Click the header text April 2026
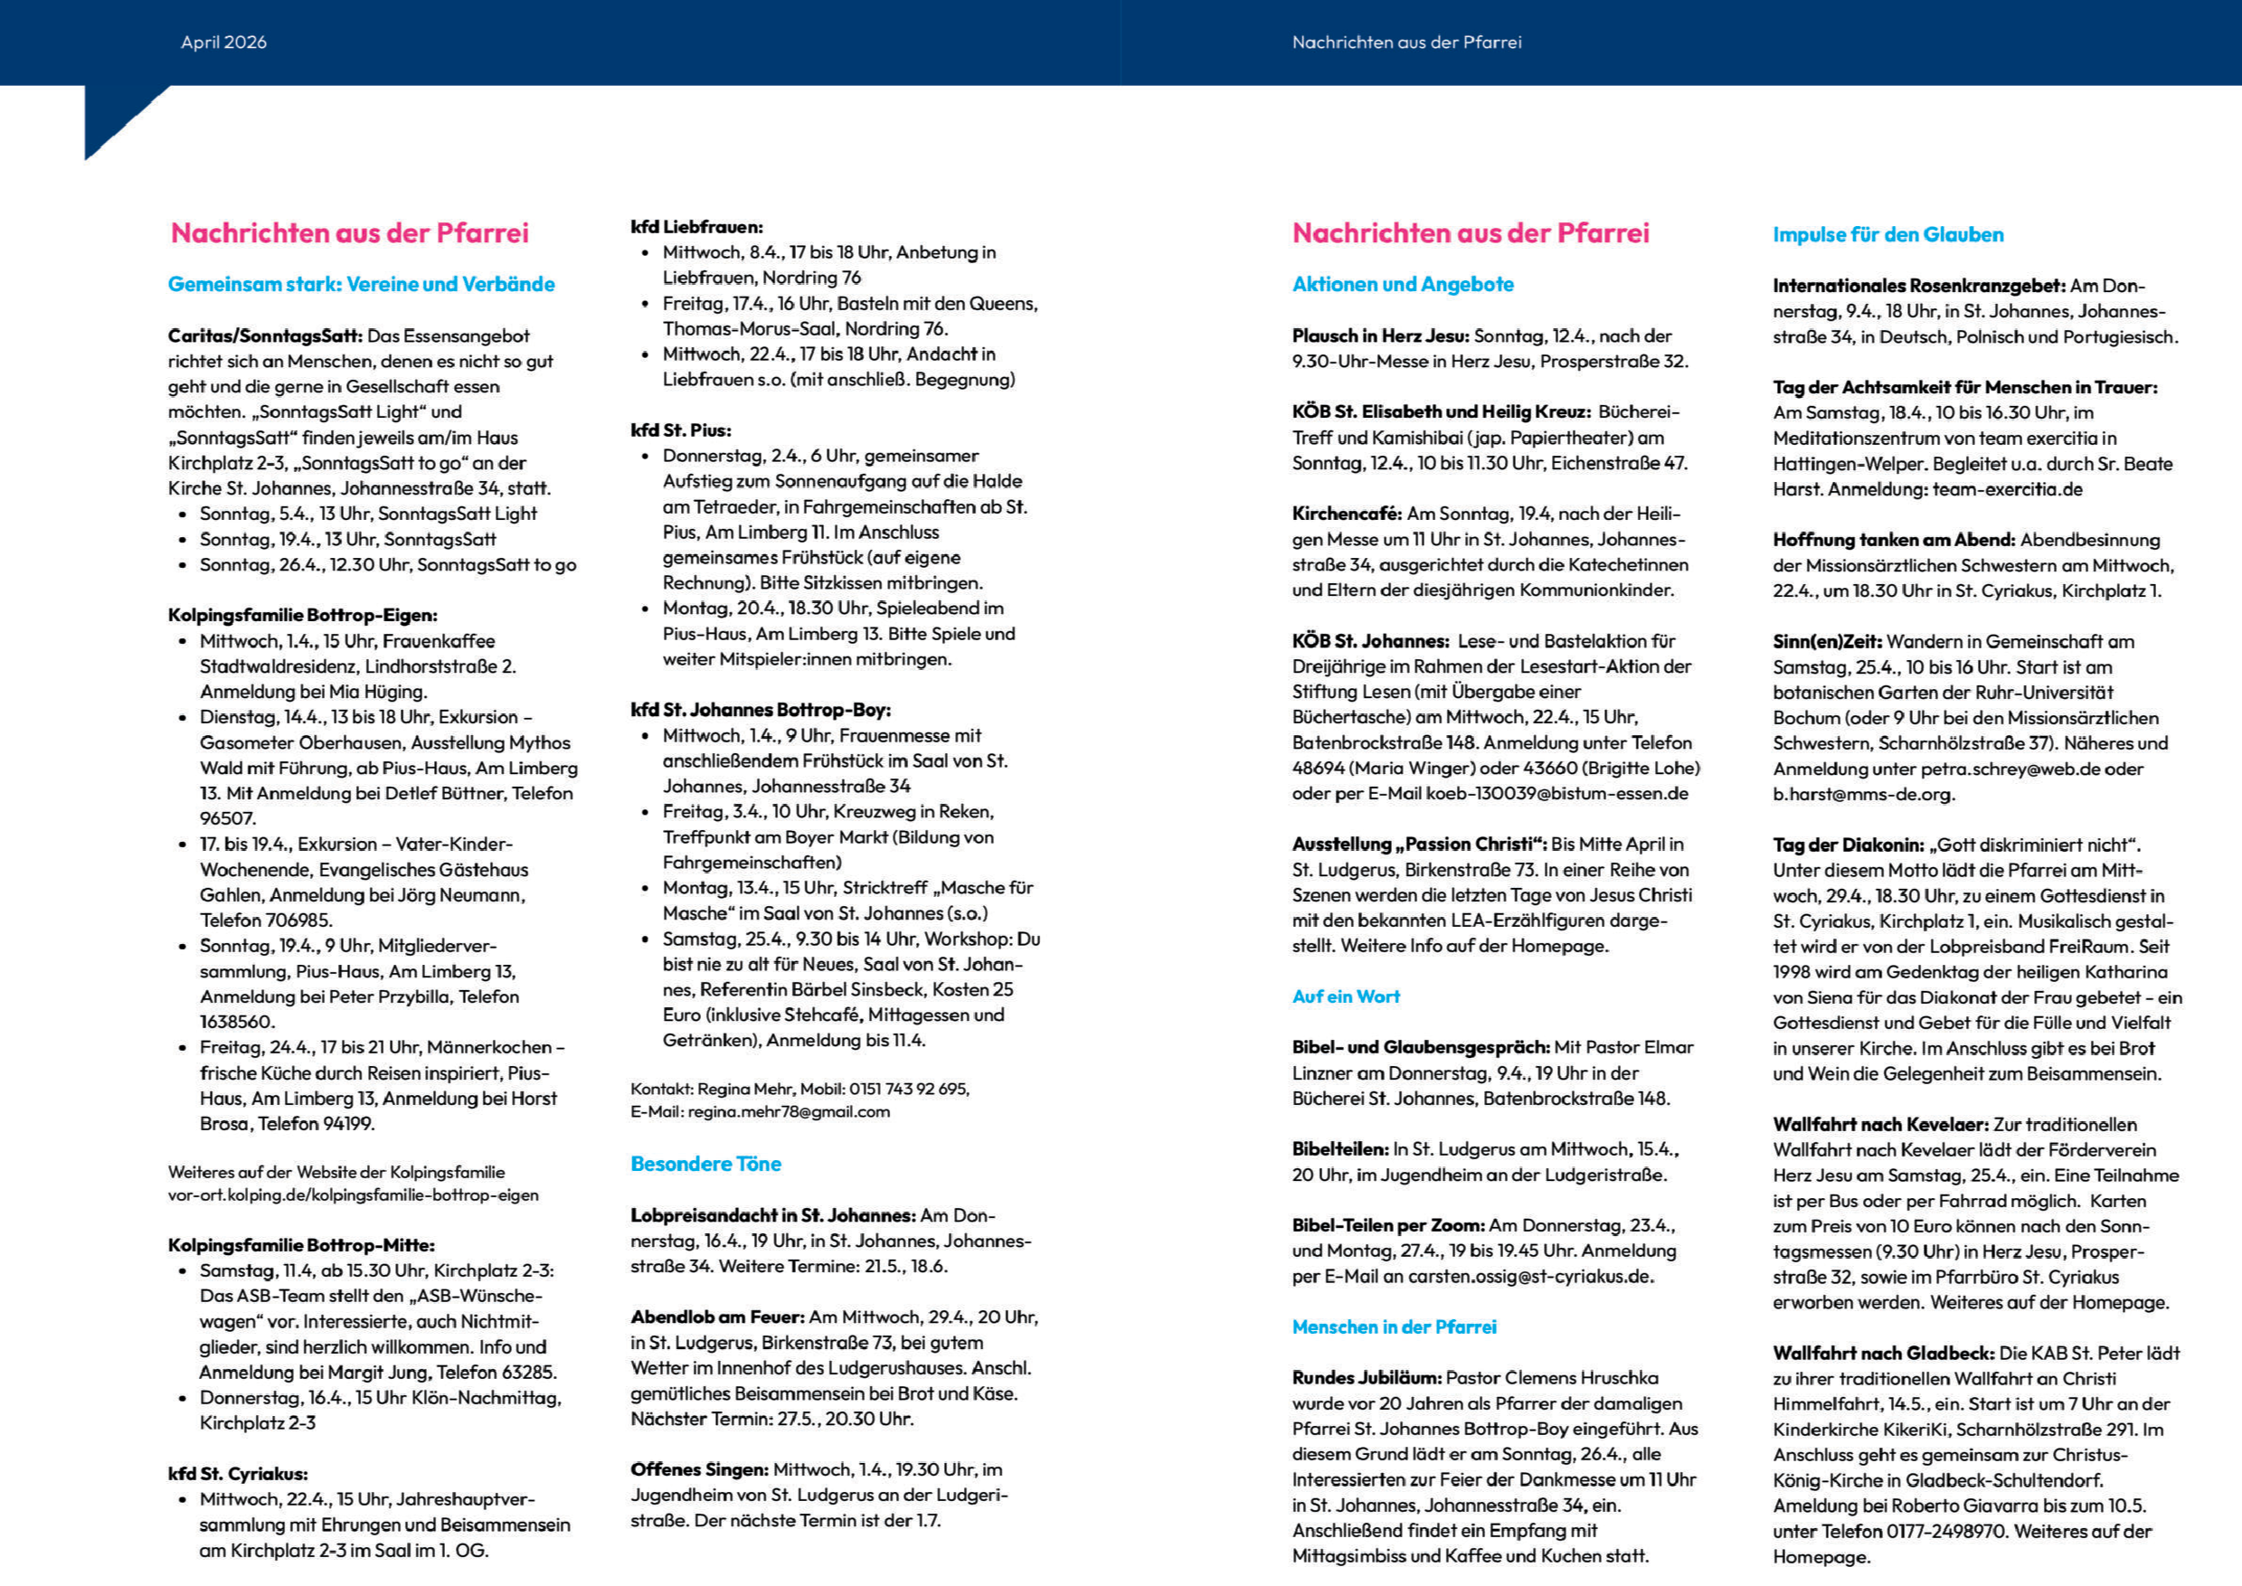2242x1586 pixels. click(222, 42)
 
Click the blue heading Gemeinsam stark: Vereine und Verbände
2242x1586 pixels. click(361, 284)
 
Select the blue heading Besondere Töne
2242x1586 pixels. click(705, 1163)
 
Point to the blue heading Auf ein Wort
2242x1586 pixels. click(1345, 996)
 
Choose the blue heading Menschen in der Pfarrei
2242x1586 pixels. click(1393, 1326)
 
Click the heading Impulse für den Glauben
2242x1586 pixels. click(1887, 234)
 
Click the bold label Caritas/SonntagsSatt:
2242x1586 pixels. click(265, 336)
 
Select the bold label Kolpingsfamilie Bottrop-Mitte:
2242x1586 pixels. click(301, 1245)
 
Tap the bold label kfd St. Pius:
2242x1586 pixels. click(680, 430)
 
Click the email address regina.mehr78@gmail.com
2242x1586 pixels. click(789, 1111)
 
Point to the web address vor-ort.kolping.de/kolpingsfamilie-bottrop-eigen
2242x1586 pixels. click(353, 1194)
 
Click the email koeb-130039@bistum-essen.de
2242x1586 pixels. click(1556, 793)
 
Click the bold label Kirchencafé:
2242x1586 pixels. click(1346, 514)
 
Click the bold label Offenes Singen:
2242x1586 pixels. click(698, 1468)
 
